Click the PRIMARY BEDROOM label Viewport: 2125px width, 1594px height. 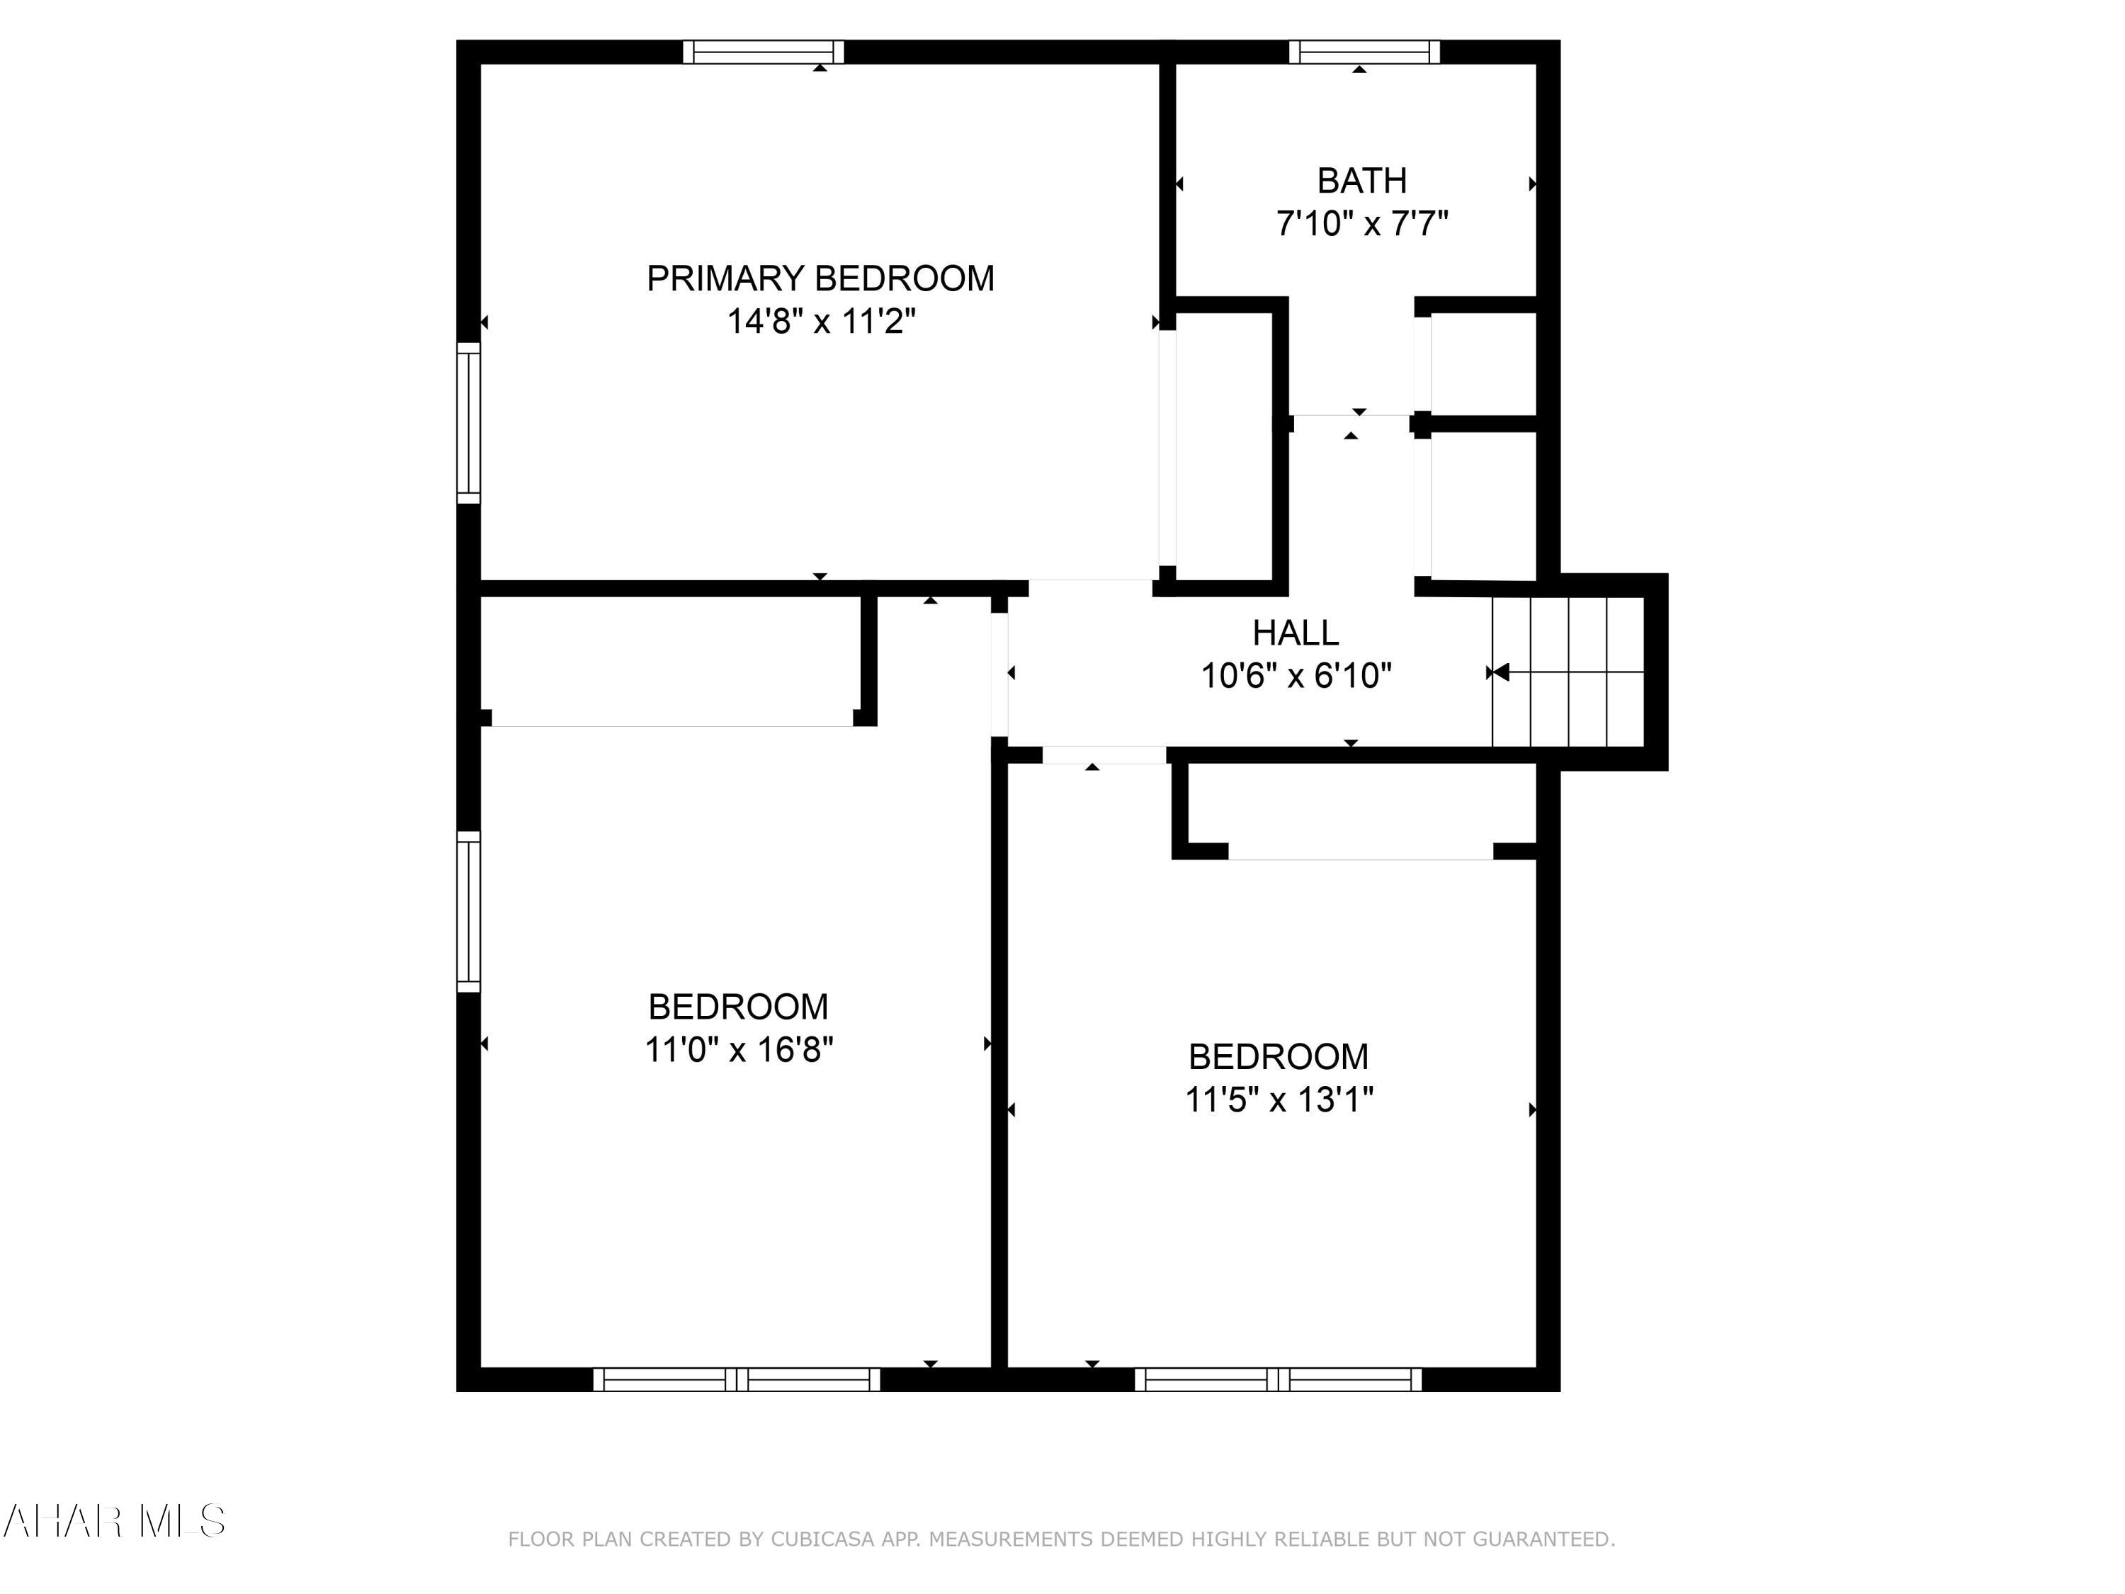pos(820,278)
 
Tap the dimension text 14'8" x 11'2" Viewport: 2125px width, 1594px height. pos(820,321)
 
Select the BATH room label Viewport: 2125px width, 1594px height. pos(1361,181)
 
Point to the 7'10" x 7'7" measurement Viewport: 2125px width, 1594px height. pos(1361,224)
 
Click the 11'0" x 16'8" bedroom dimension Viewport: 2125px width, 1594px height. pos(738,1049)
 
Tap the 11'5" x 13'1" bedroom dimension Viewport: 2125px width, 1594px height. pos(1279,1100)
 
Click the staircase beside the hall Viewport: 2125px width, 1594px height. pos(1568,672)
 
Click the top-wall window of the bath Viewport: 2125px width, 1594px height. pos(1364,52)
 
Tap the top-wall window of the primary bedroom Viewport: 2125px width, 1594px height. pos(763,52)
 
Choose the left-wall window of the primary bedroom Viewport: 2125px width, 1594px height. pos(467,423)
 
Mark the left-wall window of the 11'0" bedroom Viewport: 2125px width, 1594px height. pos(467,911)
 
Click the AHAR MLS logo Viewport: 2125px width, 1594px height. pos(113,1521)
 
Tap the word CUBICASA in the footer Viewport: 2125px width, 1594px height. pos(822,1539)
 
